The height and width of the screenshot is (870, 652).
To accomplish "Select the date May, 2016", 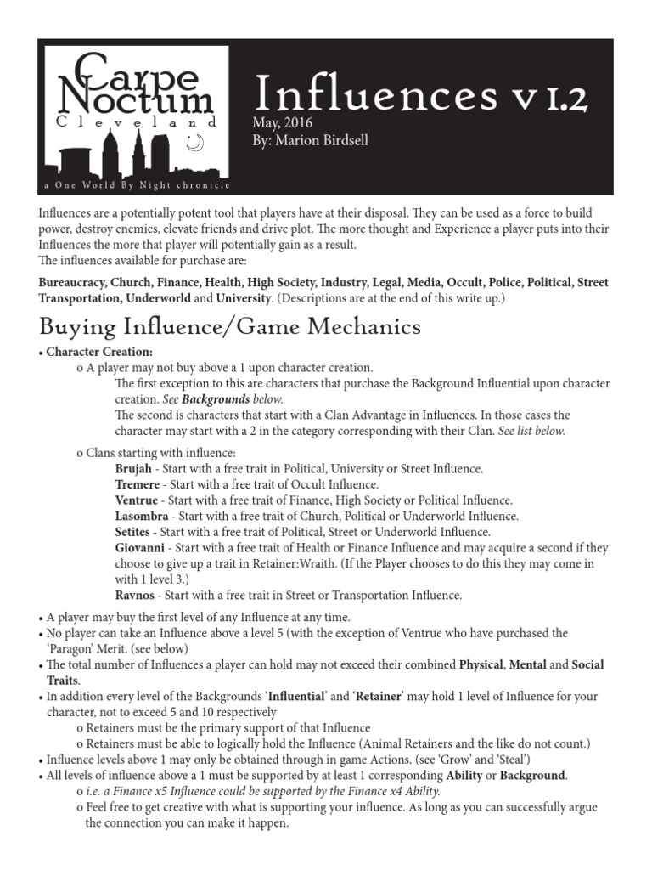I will tap(283, 124).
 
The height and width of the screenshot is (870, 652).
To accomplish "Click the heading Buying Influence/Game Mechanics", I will tap(230, 325).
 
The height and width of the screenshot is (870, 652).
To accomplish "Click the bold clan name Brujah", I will tap(133, 468).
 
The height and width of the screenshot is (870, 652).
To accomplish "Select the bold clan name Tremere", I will tap(137, 484).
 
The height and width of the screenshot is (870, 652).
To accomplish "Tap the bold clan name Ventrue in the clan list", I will tap(136, 500).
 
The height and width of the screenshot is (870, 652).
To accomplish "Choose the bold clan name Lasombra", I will tap(142, 516).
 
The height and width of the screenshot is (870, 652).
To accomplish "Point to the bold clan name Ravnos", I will tap(135, 596).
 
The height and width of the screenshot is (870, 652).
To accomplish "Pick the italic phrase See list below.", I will tap(531, 431).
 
